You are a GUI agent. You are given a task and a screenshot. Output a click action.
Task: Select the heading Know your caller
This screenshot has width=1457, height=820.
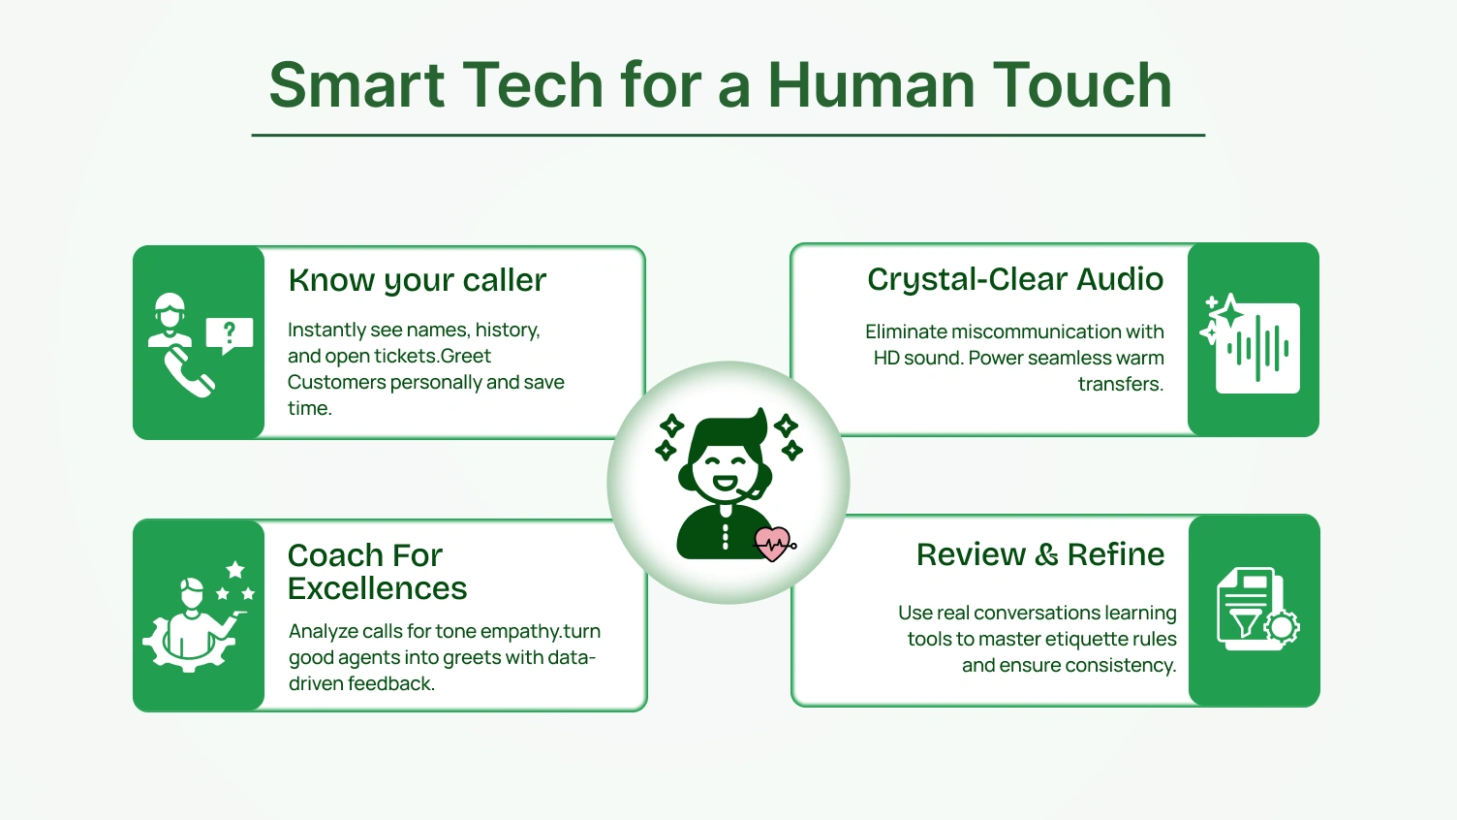[x=417, y=280]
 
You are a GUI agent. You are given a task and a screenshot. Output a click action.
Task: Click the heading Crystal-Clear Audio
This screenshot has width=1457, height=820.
[x=1014, y=279]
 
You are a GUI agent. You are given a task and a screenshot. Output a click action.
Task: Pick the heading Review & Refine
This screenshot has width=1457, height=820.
[x=1039, y=554]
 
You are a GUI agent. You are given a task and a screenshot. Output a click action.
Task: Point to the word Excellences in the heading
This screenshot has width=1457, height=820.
[x=377, y=588]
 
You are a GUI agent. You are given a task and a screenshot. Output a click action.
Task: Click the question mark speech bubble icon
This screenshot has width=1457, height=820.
[x=230, y=334]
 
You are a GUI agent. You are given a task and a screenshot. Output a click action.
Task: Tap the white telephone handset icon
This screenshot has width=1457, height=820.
[x=188, y=373]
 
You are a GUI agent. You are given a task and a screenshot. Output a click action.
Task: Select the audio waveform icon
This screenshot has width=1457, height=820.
[x=1258, y=348]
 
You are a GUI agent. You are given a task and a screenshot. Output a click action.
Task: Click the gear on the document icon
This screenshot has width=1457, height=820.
[x=1282, y=627]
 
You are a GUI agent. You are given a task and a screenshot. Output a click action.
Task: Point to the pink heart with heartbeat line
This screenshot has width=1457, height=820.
[x=773, y=544]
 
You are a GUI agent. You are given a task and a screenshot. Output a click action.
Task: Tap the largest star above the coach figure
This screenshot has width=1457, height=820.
[x=235, y=569]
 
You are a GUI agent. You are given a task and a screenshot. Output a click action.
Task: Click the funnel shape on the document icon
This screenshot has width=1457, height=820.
[x=1243, y=620]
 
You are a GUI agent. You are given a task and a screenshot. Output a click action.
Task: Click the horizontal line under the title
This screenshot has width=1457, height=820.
[x=728, y=136]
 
